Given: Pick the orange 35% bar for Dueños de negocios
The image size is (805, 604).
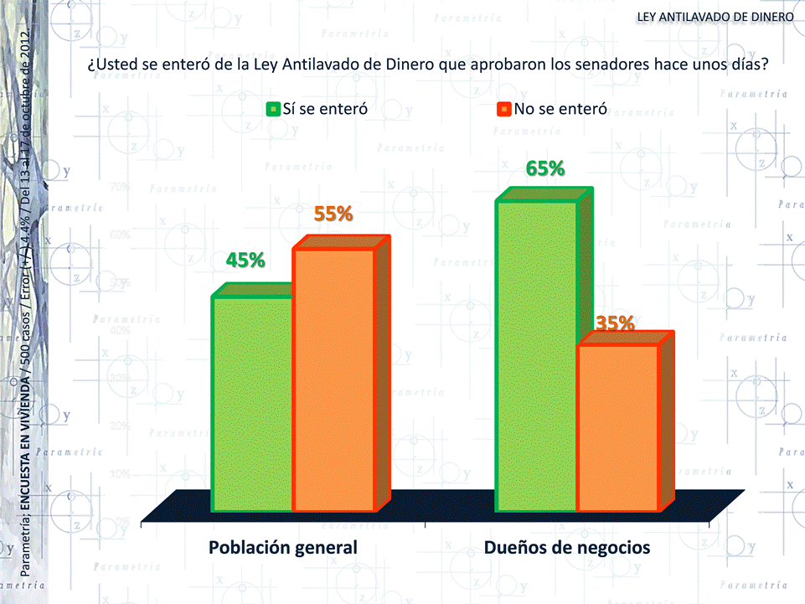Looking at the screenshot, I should tap(618, 426).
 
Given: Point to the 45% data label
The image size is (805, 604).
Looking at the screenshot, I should tap(245, 261).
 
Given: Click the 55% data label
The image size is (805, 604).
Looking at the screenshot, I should tap(333, 214).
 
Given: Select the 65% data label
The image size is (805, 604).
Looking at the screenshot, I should tap(545, 169).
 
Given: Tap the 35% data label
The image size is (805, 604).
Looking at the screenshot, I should tap(615, 323).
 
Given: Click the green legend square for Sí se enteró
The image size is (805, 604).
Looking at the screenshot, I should tap(272, 109).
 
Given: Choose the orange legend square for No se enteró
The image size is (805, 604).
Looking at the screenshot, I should tap(503, 109).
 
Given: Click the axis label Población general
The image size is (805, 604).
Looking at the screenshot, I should tap(283, 548).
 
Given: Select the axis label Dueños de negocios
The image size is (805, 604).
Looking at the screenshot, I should tap(567, 548).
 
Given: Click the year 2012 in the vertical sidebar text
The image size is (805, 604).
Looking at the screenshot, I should tap(26, 44).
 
